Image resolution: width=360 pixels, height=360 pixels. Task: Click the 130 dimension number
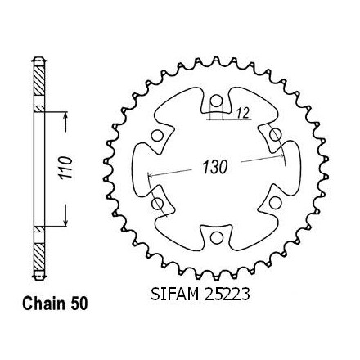(x=214, y=167)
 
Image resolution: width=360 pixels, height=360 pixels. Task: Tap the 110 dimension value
(x=66, y=168)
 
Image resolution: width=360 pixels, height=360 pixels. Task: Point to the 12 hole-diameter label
(x=243, y=113)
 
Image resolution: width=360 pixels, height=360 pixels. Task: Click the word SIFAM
(x=175, y=295)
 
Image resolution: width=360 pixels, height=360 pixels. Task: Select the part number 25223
(x=227, y=295)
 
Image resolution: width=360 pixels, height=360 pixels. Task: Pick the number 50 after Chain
(x=79, y=304)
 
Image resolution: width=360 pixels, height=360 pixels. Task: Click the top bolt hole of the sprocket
(x=216, y=101)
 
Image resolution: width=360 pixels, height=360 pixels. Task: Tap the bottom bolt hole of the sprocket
(x=216, y=238)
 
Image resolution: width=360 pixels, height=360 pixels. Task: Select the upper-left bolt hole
(x=157, y=136)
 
